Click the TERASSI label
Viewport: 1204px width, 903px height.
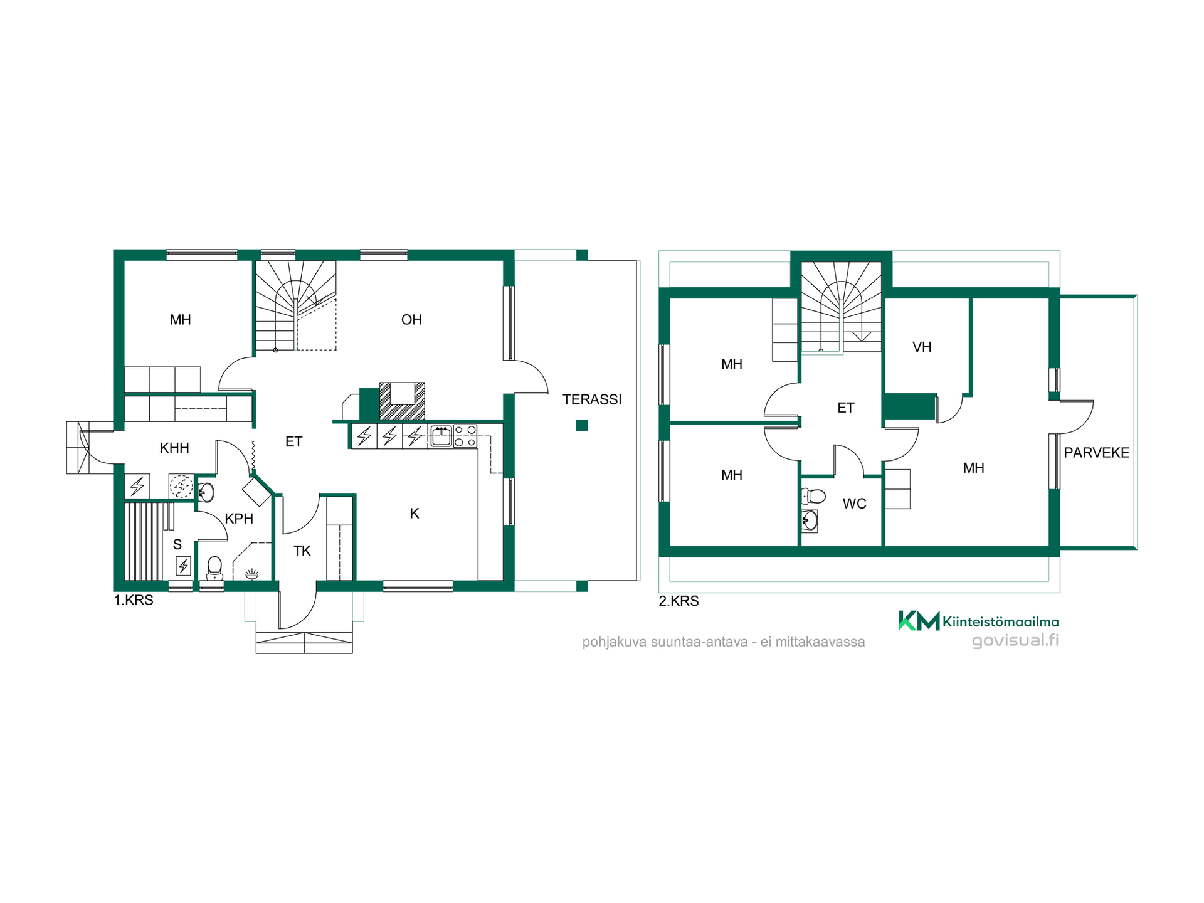(x=592, y=399)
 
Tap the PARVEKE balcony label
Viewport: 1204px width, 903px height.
(x=1097, y=453)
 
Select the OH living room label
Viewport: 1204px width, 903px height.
(x=411, y=320)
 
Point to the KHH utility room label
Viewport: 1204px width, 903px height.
(x=174, y=448)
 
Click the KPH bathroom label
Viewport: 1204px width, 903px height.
(x=239, y=519)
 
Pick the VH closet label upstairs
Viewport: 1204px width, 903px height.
(x=922, y=347)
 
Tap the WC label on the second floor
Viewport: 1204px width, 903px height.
(x=855, y=504)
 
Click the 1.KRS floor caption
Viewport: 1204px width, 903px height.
(x=134, y=600)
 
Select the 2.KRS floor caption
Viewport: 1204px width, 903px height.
(x=679, y=601)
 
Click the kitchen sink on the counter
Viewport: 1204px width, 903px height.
(x=441, y=436)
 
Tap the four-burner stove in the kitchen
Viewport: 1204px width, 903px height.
(x=465, y=436)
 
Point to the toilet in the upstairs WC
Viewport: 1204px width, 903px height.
(x=814, y=497)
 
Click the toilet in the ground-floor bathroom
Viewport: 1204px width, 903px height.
(x=215, y=568)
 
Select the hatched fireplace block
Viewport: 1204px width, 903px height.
(x=402, y=401)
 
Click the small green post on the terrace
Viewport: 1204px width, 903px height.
(x=582, y=425)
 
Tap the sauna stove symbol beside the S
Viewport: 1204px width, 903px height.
(x=183, y=566)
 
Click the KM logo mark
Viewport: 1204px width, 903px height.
(x=919, y=621)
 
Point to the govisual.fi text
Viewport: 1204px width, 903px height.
(x=1015, y=640)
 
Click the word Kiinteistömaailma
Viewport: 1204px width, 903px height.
(x=1001, y=622)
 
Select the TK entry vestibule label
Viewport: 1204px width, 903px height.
(x=302, y=551)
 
